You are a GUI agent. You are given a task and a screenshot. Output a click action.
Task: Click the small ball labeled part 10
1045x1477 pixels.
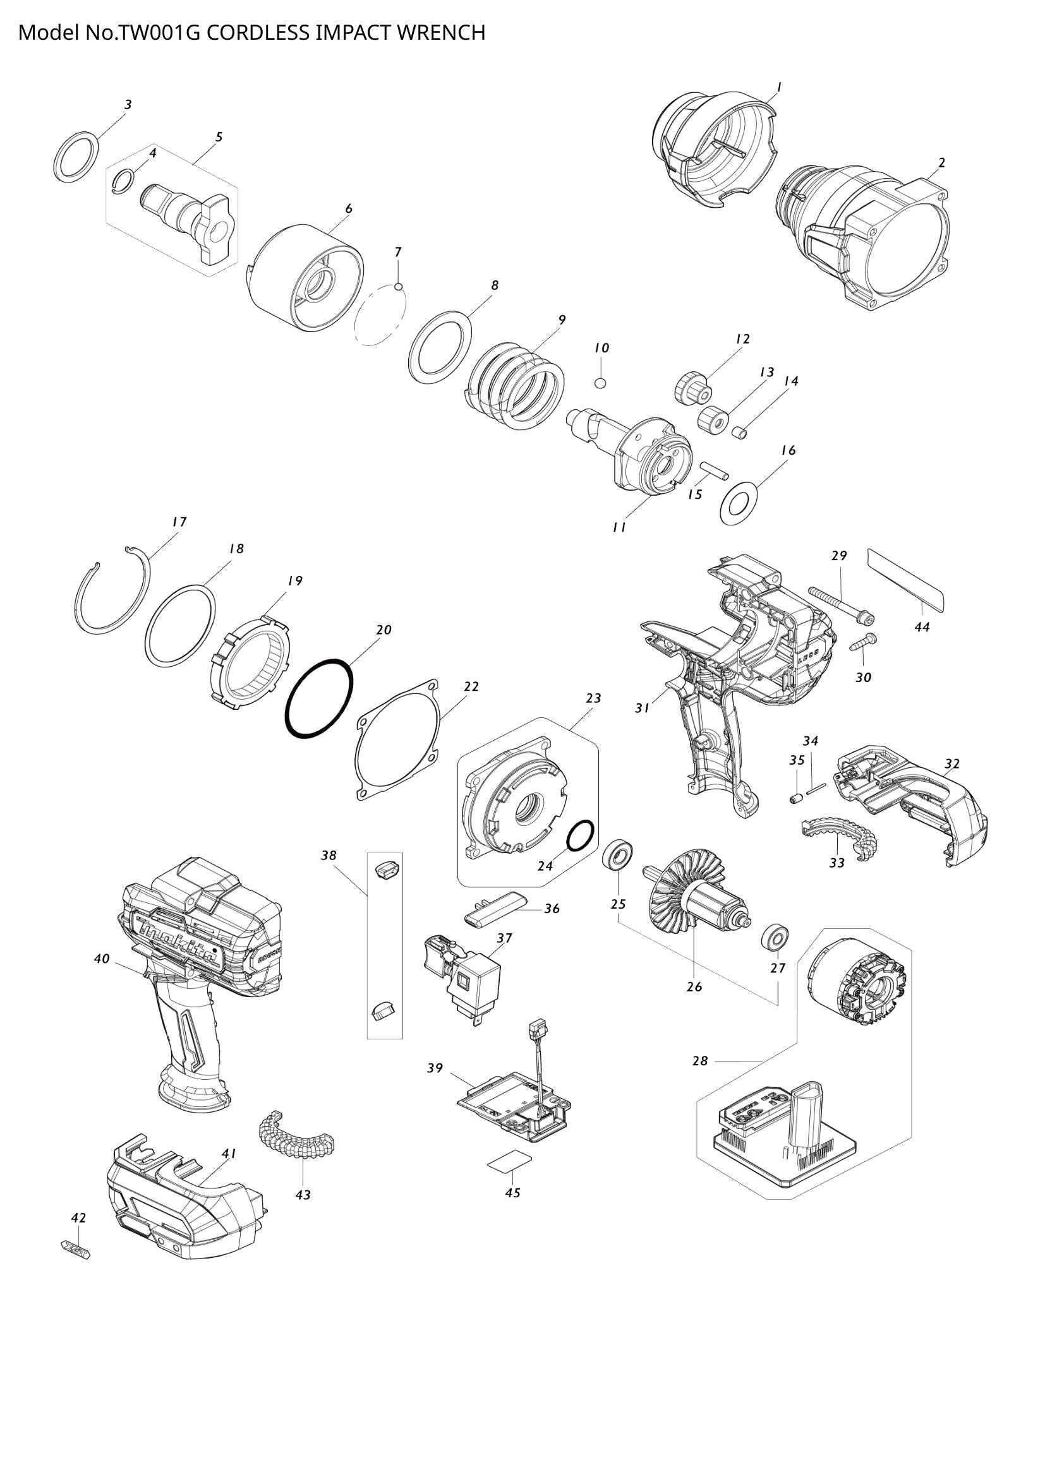600,383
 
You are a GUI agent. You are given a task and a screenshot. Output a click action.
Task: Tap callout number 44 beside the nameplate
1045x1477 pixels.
921,626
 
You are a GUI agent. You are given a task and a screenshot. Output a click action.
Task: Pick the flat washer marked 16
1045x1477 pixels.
738,502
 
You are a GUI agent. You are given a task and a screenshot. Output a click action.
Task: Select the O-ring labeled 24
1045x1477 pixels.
580,835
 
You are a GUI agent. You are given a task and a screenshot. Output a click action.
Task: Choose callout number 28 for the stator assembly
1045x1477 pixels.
700,1061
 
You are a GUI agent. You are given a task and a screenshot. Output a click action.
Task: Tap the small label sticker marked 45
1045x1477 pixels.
510,1160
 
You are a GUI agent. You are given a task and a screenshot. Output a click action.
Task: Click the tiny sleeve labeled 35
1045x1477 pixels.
795,798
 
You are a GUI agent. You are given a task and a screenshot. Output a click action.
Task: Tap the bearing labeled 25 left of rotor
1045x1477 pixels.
619,855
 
